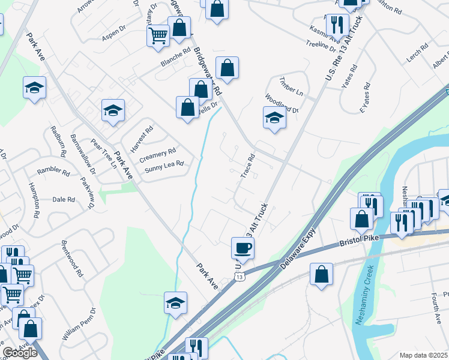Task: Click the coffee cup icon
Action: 243,247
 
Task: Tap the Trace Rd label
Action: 248,166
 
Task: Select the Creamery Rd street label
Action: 157,155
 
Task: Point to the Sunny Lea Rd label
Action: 162,166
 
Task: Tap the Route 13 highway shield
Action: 240,277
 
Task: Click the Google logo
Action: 20,353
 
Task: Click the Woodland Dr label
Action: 282,104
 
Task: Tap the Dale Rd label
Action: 63,199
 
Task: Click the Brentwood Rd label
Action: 71,259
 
